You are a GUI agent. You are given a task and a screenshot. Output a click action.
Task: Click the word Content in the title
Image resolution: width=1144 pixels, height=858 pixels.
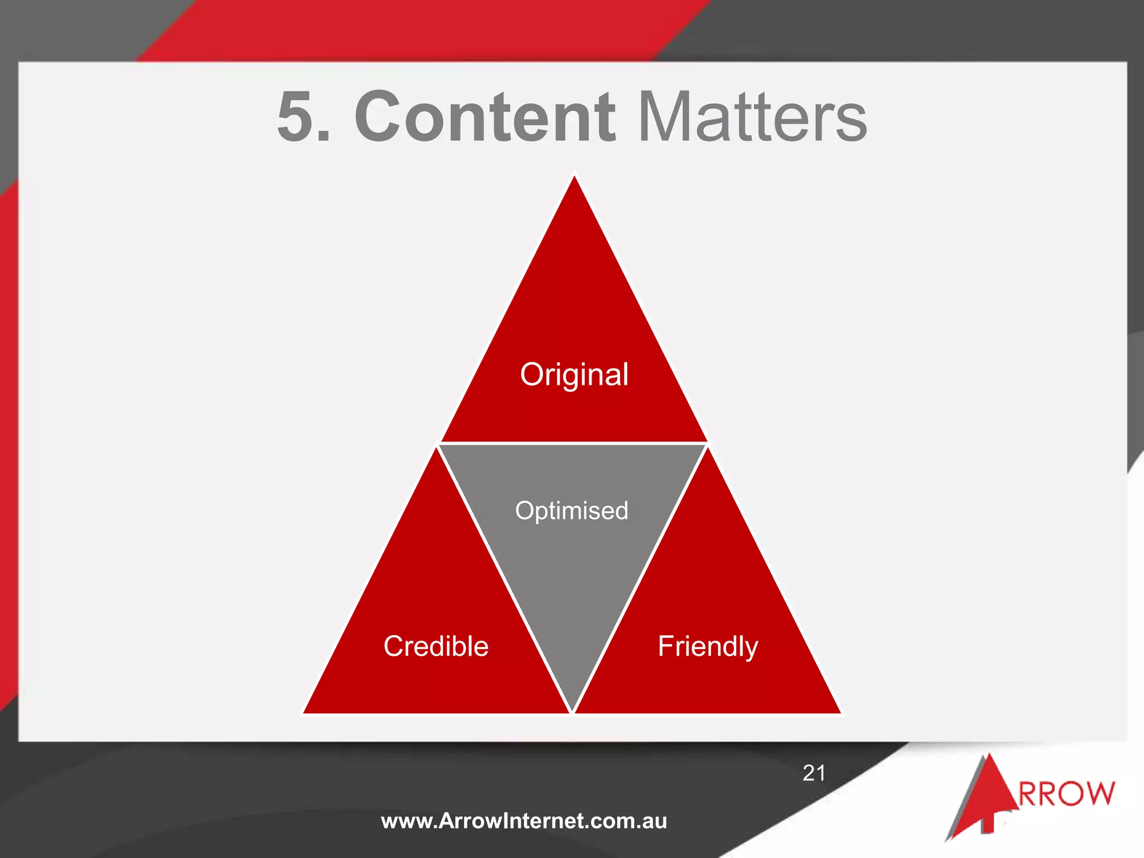[x=485, y=117]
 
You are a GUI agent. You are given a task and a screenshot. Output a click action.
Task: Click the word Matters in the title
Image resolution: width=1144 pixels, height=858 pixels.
[x=752, y=117]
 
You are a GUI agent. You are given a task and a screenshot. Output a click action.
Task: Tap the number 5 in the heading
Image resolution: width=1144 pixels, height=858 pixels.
[x=296, y=117]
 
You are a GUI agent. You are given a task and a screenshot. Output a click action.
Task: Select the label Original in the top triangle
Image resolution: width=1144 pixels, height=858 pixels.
[x=574, y=374]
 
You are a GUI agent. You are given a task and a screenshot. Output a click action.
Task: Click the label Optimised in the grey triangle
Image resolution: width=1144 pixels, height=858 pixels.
[x=571, y=511]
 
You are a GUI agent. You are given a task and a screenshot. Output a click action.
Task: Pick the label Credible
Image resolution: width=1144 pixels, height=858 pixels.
[x=436, y=646]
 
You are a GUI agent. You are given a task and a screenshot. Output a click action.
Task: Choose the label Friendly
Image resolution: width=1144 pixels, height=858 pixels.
[x=708, y=646]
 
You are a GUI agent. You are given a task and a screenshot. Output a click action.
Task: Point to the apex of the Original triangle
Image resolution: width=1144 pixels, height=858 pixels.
[x=574, y=178]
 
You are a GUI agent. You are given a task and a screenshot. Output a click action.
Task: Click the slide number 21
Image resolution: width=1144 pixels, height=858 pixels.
[x=814, y=773]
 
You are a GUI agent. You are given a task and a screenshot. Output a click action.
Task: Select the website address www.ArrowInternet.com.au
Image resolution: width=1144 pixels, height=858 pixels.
[x=523, y=821]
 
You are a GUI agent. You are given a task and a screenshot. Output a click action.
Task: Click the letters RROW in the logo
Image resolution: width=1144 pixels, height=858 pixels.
[x=1067, y=794]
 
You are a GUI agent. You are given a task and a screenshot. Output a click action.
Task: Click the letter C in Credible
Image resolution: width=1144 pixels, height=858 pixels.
[x=395, y=646]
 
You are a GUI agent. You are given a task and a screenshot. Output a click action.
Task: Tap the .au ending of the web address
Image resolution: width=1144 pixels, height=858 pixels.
[x=652, y=821]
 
